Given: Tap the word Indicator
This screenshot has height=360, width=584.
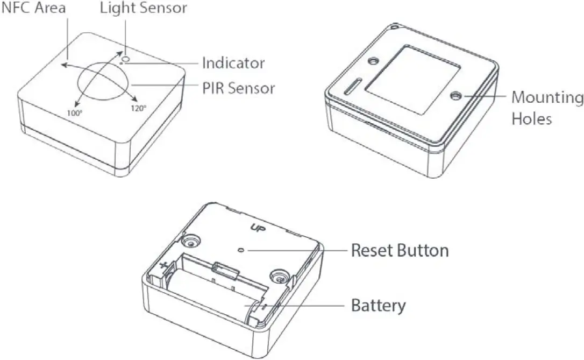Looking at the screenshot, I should (x=233, y=63).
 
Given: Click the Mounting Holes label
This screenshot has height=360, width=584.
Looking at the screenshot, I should (x=547, y=108).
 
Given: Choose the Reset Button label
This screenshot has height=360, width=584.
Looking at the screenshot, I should (x=400, y=250).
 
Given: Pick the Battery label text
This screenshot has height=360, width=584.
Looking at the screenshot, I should (x=378, y=306).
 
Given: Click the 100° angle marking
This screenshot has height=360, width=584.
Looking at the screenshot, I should (x=75, y=113).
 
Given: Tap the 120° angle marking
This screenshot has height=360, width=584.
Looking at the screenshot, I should (x=138, y=107).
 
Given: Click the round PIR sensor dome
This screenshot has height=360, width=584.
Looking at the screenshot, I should (x=104, y=83).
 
